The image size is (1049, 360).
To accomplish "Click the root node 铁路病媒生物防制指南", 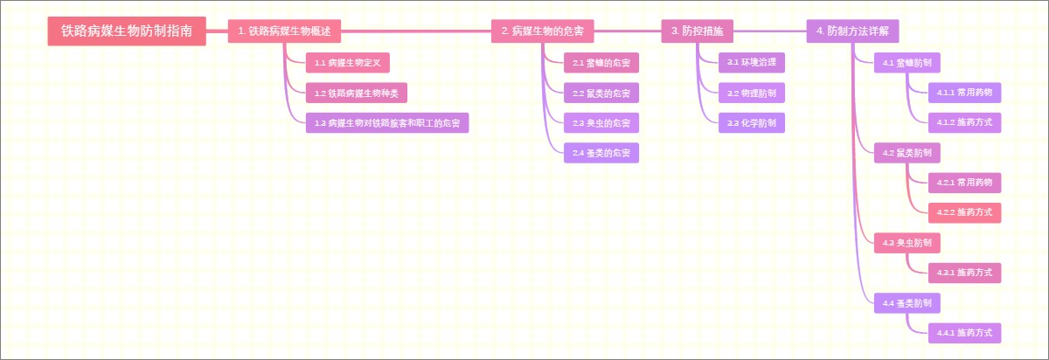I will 127,31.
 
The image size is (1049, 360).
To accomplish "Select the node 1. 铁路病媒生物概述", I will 284,31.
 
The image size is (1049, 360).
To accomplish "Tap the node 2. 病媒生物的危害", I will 543,31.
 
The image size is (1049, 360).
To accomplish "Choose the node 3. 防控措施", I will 697,31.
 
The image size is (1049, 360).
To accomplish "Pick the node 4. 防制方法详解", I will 852,31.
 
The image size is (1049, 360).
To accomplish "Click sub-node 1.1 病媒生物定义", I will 347,63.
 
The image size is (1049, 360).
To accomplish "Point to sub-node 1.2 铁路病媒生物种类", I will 356,93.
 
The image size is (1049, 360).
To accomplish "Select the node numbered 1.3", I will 386,123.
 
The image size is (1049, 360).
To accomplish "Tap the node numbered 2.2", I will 601,93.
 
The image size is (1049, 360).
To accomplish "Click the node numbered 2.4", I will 601,153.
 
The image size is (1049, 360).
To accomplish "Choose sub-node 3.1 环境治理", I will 751,62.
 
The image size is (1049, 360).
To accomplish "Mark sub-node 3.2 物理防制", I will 751,93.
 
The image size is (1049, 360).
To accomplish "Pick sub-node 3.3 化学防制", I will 751,123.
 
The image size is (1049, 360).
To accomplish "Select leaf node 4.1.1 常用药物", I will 964,93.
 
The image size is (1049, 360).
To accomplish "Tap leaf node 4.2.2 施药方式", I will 964,212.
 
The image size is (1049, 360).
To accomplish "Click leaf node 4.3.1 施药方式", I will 964,273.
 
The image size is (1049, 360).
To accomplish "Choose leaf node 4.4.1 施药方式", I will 964,333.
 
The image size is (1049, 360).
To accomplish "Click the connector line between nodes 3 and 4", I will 770,31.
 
